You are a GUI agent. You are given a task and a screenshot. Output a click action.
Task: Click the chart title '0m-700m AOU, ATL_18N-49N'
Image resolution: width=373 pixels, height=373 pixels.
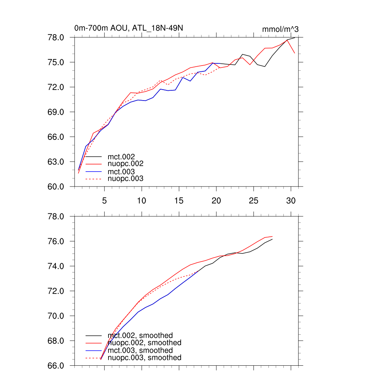pyautogui.click(x=126, y=28)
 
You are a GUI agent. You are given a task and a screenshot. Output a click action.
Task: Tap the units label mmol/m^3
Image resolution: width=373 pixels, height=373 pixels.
pyautogui.click(x=280, y=29)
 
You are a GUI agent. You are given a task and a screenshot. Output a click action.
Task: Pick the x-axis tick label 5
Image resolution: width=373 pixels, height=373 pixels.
pyautogui.click(x=104, y=200)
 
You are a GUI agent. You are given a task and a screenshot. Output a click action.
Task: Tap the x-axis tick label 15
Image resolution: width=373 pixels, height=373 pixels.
pyautogui.click(x=179, y=200)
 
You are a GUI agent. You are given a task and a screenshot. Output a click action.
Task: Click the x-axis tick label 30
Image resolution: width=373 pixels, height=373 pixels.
pyautogui.click(x=291, y=200)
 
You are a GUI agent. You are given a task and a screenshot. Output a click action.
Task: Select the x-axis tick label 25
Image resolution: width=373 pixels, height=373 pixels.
pyautogui.click(x=254, y=200)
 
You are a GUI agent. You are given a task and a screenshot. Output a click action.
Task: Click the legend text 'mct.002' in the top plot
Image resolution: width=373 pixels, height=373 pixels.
pyautogui.click(x=119, y=157)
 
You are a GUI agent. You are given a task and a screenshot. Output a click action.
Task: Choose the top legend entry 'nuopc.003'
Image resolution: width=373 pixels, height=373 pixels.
pyautogui.click(x=125, y=179)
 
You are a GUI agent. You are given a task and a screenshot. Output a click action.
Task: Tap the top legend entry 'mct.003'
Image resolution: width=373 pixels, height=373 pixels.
pyautogui.click(x=119, y=172)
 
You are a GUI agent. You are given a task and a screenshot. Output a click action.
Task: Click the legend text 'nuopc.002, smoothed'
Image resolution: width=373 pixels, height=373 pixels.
pyautogui.click(x=144, y=343)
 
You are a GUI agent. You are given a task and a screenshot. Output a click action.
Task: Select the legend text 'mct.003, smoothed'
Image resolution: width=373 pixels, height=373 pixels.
pyautogui.click(x=140, y=350)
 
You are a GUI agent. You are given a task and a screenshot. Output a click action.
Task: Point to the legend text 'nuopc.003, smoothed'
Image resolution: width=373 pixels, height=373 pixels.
pyautogui.click(x=144, y=358)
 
